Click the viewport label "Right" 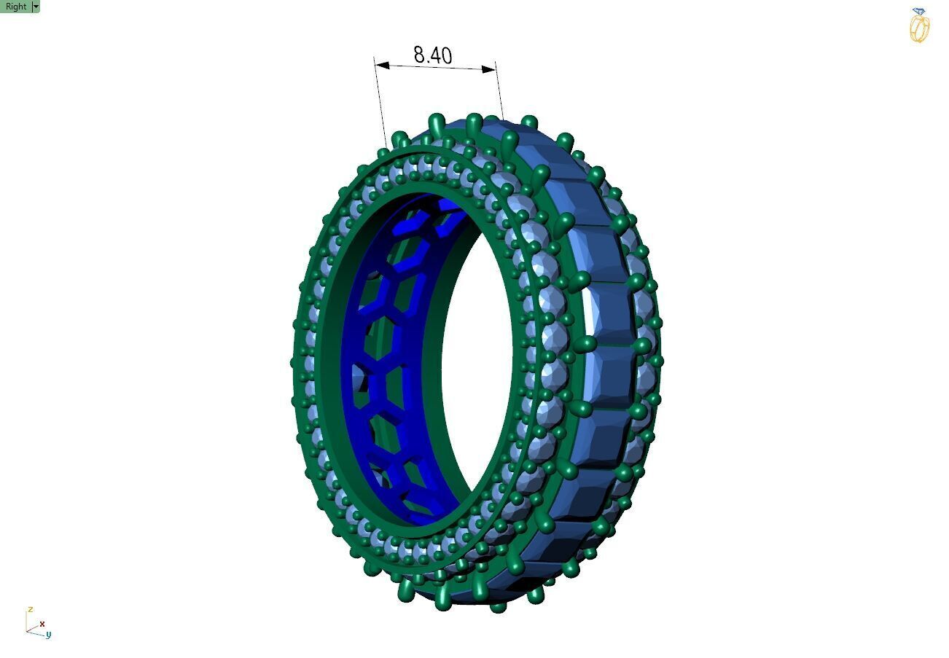pyautogui.click(x=15, y=7)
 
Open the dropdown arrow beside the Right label pyautogui.click(x=36, y=7)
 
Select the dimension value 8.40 pyautogui.click(x=432, y=55)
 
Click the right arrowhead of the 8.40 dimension pyautogui.click(x=489, y=70)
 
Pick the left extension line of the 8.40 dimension pyautogui.click(x=380, y=102)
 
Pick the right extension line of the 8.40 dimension pyautogui.click(x=499, y=95)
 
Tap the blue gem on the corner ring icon pyautogui.click(x=918, y=12)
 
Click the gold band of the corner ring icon pyautogui.click(x=919, y=29)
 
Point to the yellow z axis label pyautogui.click(x=30, y=609)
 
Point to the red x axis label pyautogui.click(x=42, y=624)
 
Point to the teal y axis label pyautogui.click(x=48, y=635)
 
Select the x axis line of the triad pyautogui.click(x=34, y=627)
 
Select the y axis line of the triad pyautogui.click(x=36, y=632)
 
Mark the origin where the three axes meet pyautogui.click(x=28, y=630)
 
